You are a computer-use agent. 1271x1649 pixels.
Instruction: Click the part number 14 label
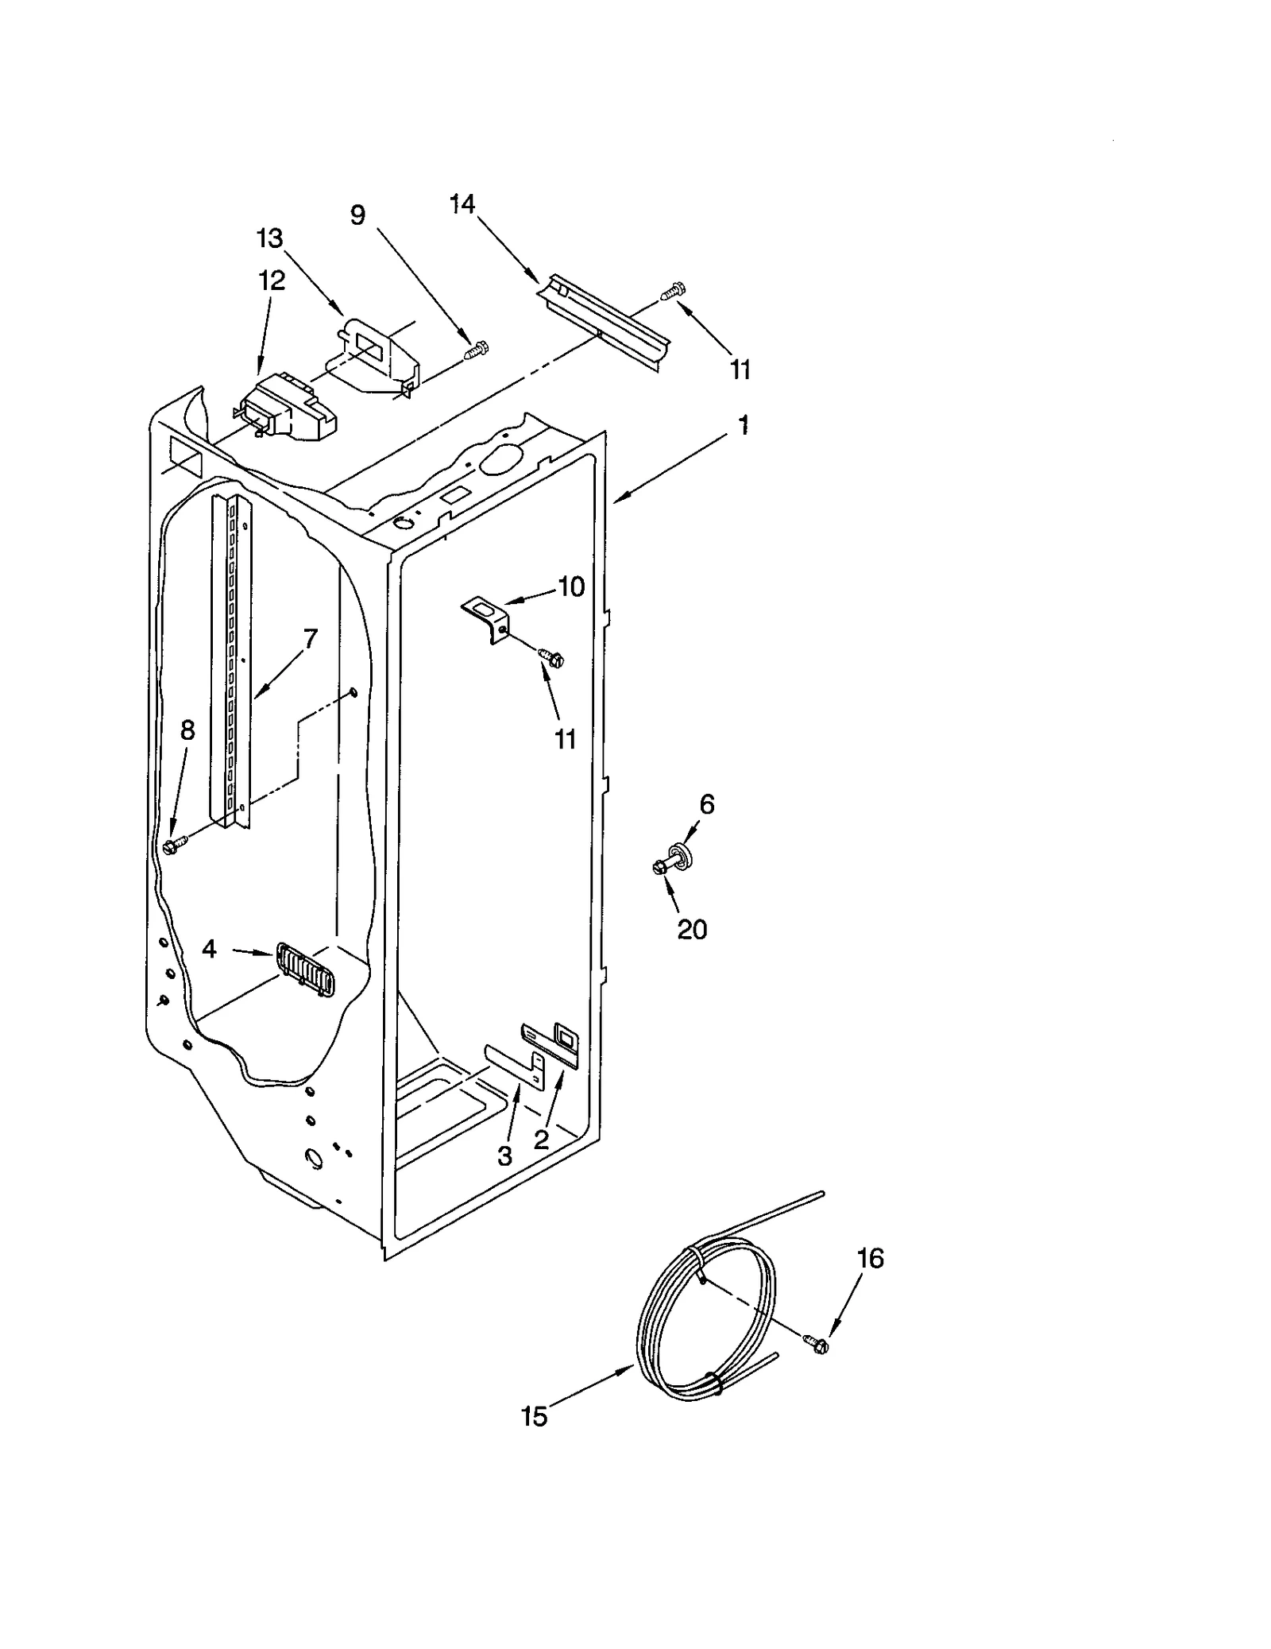462,205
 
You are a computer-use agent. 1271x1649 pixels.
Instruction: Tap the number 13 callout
270,238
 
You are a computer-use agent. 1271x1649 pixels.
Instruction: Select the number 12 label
271,281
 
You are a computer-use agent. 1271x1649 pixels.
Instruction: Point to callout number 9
358,215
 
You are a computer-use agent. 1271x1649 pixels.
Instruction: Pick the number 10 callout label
570,587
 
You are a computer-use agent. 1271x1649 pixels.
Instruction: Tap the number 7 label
310,638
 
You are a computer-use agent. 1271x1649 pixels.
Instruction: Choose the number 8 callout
187,730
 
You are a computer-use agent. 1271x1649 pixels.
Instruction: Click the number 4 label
209,948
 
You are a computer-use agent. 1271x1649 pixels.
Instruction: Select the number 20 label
692,929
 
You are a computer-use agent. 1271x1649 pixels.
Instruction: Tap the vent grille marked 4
306,969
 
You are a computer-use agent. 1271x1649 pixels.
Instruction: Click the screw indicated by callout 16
818,1345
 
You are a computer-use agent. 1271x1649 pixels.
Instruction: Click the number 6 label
706,804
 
